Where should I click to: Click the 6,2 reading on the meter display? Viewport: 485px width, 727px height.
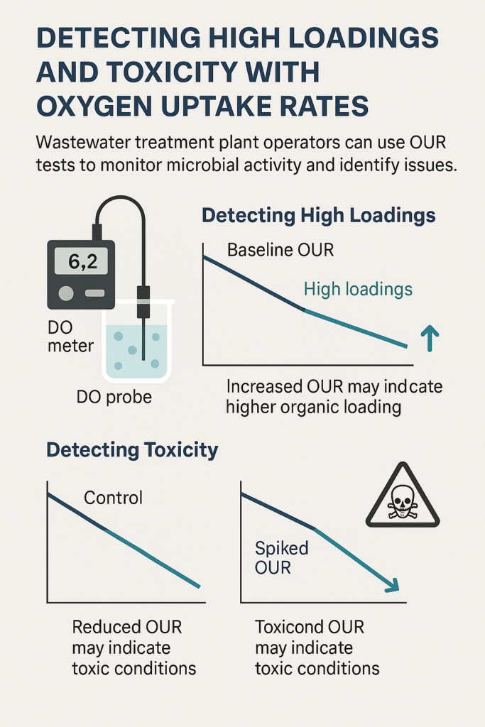click(x=82, y=262)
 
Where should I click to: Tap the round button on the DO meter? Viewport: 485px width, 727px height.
click(x=66, y=293)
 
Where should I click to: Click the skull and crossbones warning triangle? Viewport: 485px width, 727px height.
click(x=403, y=496)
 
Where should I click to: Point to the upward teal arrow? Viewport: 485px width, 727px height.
click(x=430, y=338)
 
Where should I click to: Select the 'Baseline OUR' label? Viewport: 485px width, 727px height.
click(x=280, y=251)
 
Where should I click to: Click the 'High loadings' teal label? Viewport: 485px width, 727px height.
click(x=358, y=290)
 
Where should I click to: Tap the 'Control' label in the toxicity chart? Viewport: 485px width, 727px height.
click(x=113, y=498)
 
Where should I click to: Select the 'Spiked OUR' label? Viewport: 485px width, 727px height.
click(x=281, y=558)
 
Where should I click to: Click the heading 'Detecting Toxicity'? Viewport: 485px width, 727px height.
click(x=132, y=450)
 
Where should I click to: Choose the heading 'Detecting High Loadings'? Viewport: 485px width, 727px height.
click(x=319, y=216)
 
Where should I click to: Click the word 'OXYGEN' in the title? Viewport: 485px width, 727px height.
click(x=95, y=106)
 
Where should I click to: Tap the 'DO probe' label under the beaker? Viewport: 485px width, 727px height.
click(x=114, y=398)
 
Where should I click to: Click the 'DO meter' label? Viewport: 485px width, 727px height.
click(x=70, y=337)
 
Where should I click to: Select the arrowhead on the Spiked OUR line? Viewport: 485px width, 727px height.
click(x=392, y=585)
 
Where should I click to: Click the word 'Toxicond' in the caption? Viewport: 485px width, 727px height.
click(x=288, y=628)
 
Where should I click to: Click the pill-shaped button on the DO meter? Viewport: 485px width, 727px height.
click(x=95, y=293)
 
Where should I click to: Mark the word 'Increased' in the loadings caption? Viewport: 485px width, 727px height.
click(x=264, y=387)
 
